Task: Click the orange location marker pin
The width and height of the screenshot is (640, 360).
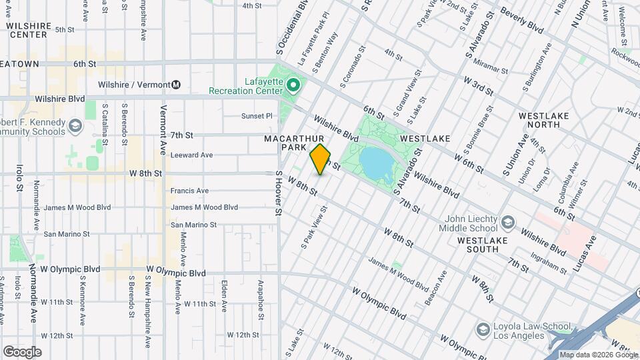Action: click(x=320, y=159)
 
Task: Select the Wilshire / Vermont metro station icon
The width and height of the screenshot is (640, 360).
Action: click(x=176, y=85)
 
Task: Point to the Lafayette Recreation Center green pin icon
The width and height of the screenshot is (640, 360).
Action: click(x=292, y=85)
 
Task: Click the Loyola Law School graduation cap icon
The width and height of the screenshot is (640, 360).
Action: click(x=483, y=329)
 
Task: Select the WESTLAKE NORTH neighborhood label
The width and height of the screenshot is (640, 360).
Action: click(x=544, y=120)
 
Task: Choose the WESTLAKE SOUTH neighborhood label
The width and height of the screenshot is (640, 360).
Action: click(x=487, y=245)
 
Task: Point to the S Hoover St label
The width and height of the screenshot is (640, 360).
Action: click(x=279, y=193)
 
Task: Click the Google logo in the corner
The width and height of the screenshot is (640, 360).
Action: click(x=22, y=351)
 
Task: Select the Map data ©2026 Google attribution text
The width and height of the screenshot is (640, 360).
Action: click(x=598, y=355)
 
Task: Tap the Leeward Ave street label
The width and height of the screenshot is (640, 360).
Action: click(x=191, y=155)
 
